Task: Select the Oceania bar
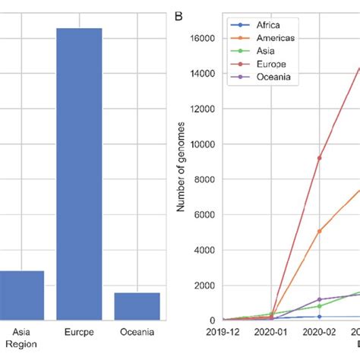click(137, 305)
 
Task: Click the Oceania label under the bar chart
click(137, 333)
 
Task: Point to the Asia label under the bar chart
click(17, 333)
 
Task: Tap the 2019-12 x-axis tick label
click(223, 333)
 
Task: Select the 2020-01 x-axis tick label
click(271, 333)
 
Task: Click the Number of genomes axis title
click(182, 178)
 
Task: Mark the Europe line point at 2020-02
click(320, 158)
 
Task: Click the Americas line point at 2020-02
click(320, 231)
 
